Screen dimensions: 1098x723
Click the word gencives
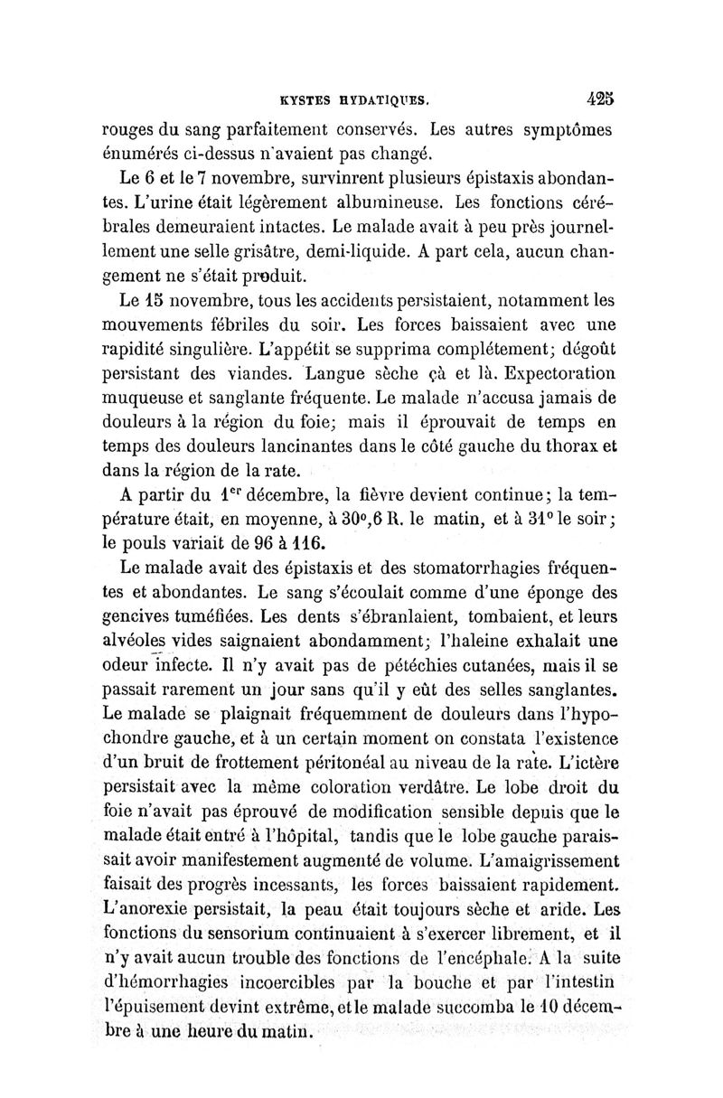tap(143, 620)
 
